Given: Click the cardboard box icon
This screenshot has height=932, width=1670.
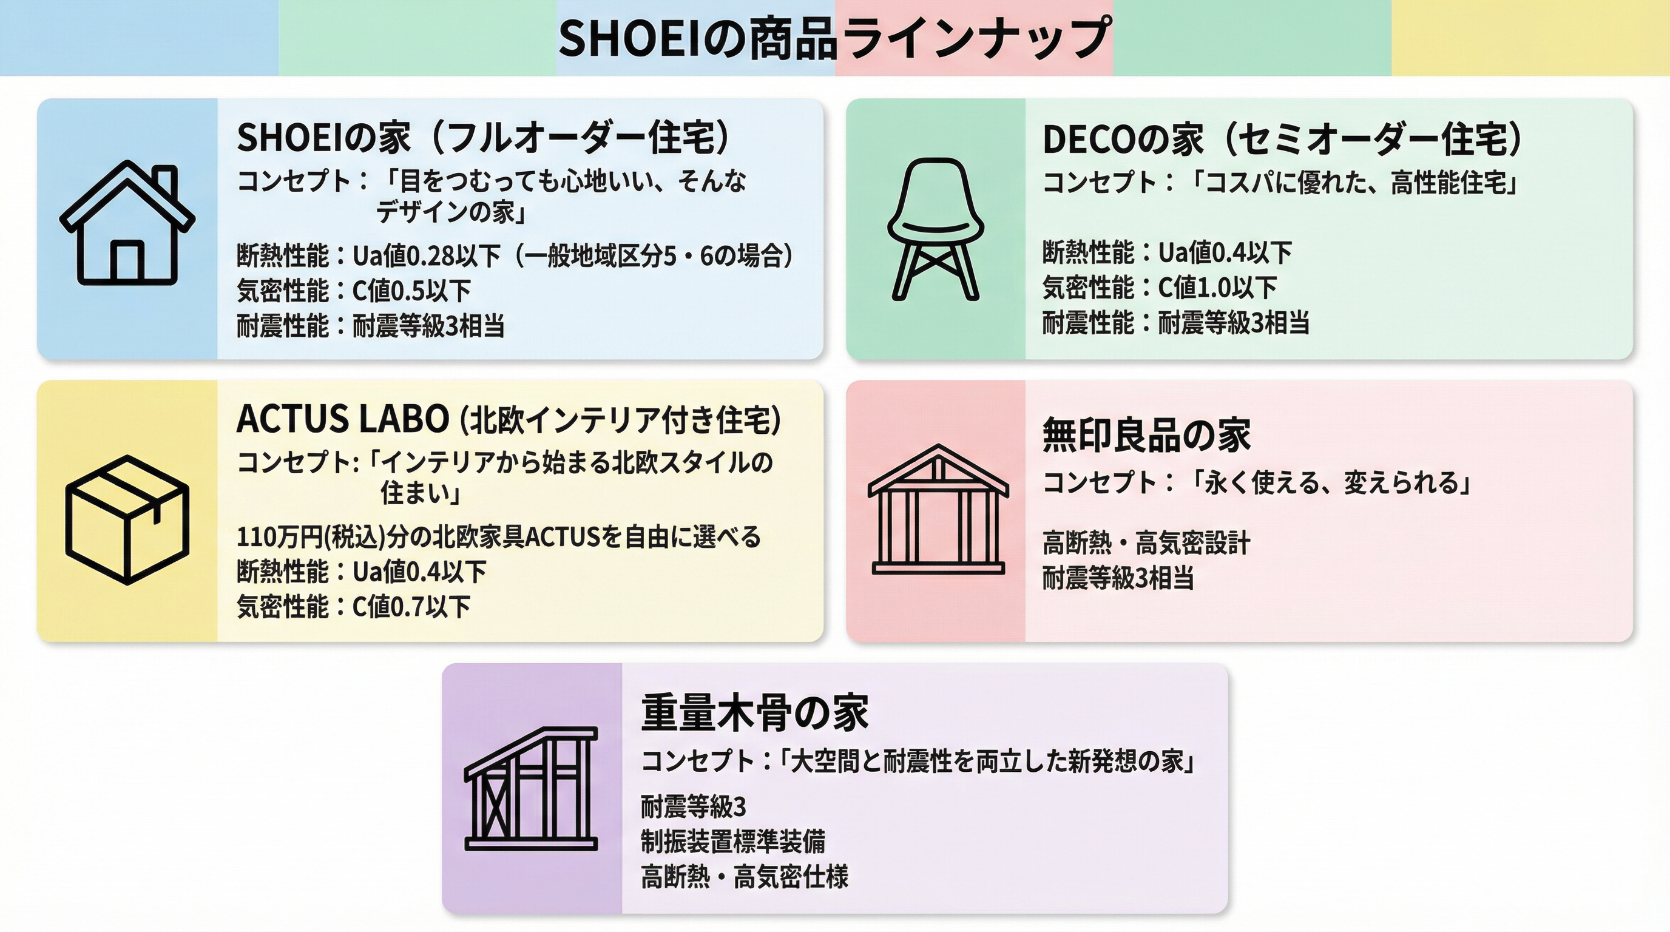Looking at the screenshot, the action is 127,519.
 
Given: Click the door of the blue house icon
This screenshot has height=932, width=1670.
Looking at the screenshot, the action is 127,261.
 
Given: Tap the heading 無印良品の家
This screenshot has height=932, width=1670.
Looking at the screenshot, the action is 1146,435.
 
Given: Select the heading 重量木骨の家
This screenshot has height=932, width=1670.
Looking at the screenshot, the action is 755,712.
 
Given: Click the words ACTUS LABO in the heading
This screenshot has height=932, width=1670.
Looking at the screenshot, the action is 342,419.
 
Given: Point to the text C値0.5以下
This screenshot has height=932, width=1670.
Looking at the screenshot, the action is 411,291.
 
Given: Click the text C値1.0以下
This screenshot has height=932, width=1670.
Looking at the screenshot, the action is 1217,288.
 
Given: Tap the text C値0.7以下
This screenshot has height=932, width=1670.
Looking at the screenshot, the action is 411,607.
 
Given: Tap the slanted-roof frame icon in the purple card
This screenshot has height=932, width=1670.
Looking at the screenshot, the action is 531,788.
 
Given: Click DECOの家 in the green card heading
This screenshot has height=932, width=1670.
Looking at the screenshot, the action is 1122,140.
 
